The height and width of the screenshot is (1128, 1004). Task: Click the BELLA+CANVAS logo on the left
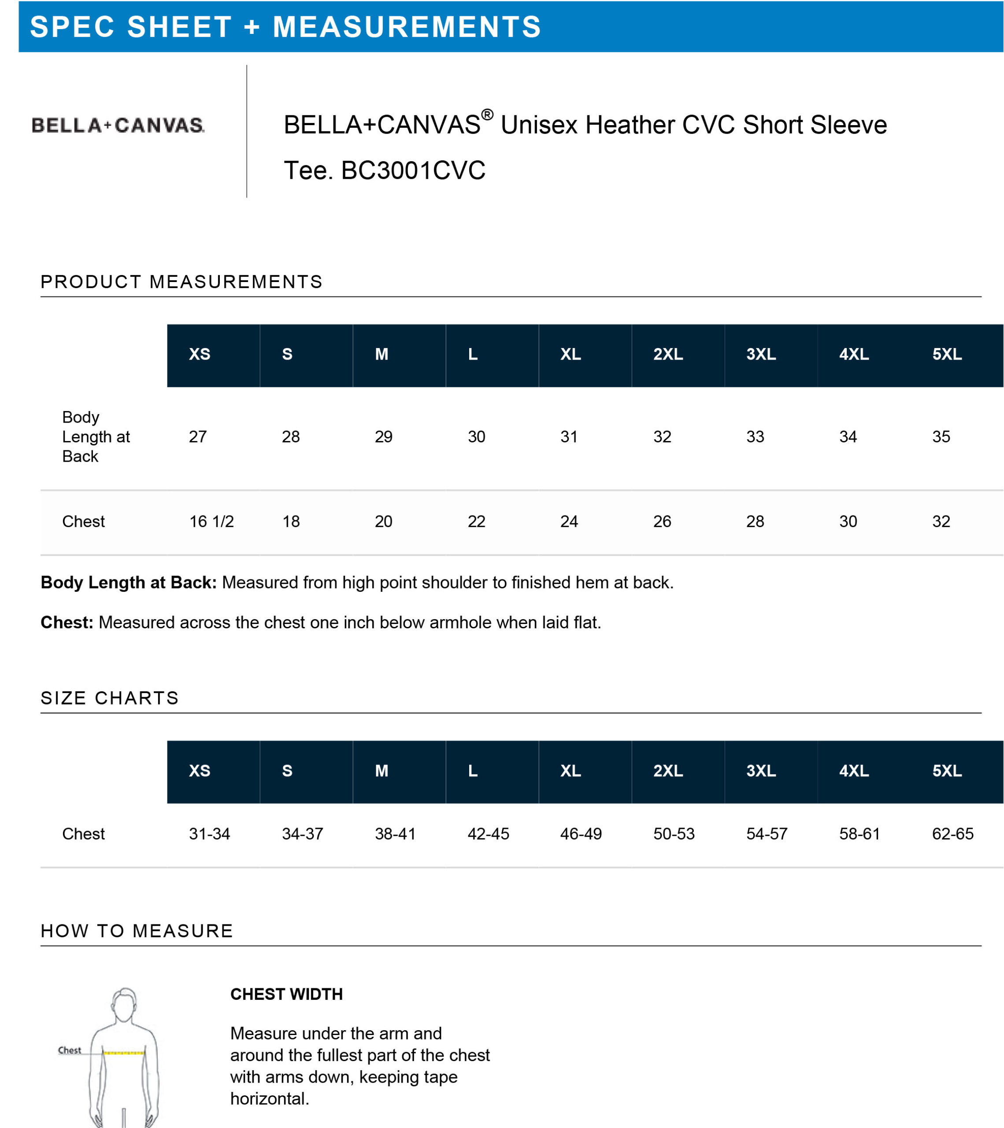(118, 125)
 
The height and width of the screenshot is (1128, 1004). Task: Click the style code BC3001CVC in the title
(413, 171)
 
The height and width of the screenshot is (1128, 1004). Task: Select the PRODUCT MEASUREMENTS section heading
(182, 282)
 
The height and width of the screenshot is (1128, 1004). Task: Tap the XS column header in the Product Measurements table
(200, 354)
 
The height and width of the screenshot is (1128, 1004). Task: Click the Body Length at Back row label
(96, 437)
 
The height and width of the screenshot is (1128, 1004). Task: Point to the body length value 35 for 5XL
(941, 437)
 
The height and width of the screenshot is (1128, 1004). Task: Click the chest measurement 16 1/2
(212, 522)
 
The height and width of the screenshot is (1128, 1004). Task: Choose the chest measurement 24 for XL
(569, 522)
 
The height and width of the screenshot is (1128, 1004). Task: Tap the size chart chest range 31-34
(210, 834)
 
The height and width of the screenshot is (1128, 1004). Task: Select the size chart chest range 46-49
(581, 834)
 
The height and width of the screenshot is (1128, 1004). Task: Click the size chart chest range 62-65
(953, 834)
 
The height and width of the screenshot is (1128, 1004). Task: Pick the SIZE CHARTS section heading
(110, 698)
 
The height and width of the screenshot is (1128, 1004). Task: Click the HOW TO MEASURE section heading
(137, 931)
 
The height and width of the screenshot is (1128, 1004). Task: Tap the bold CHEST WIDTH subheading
(286, 994)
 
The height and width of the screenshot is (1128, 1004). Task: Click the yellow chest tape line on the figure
(124, 1054)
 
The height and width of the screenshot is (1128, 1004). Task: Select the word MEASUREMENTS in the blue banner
(407, 27)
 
